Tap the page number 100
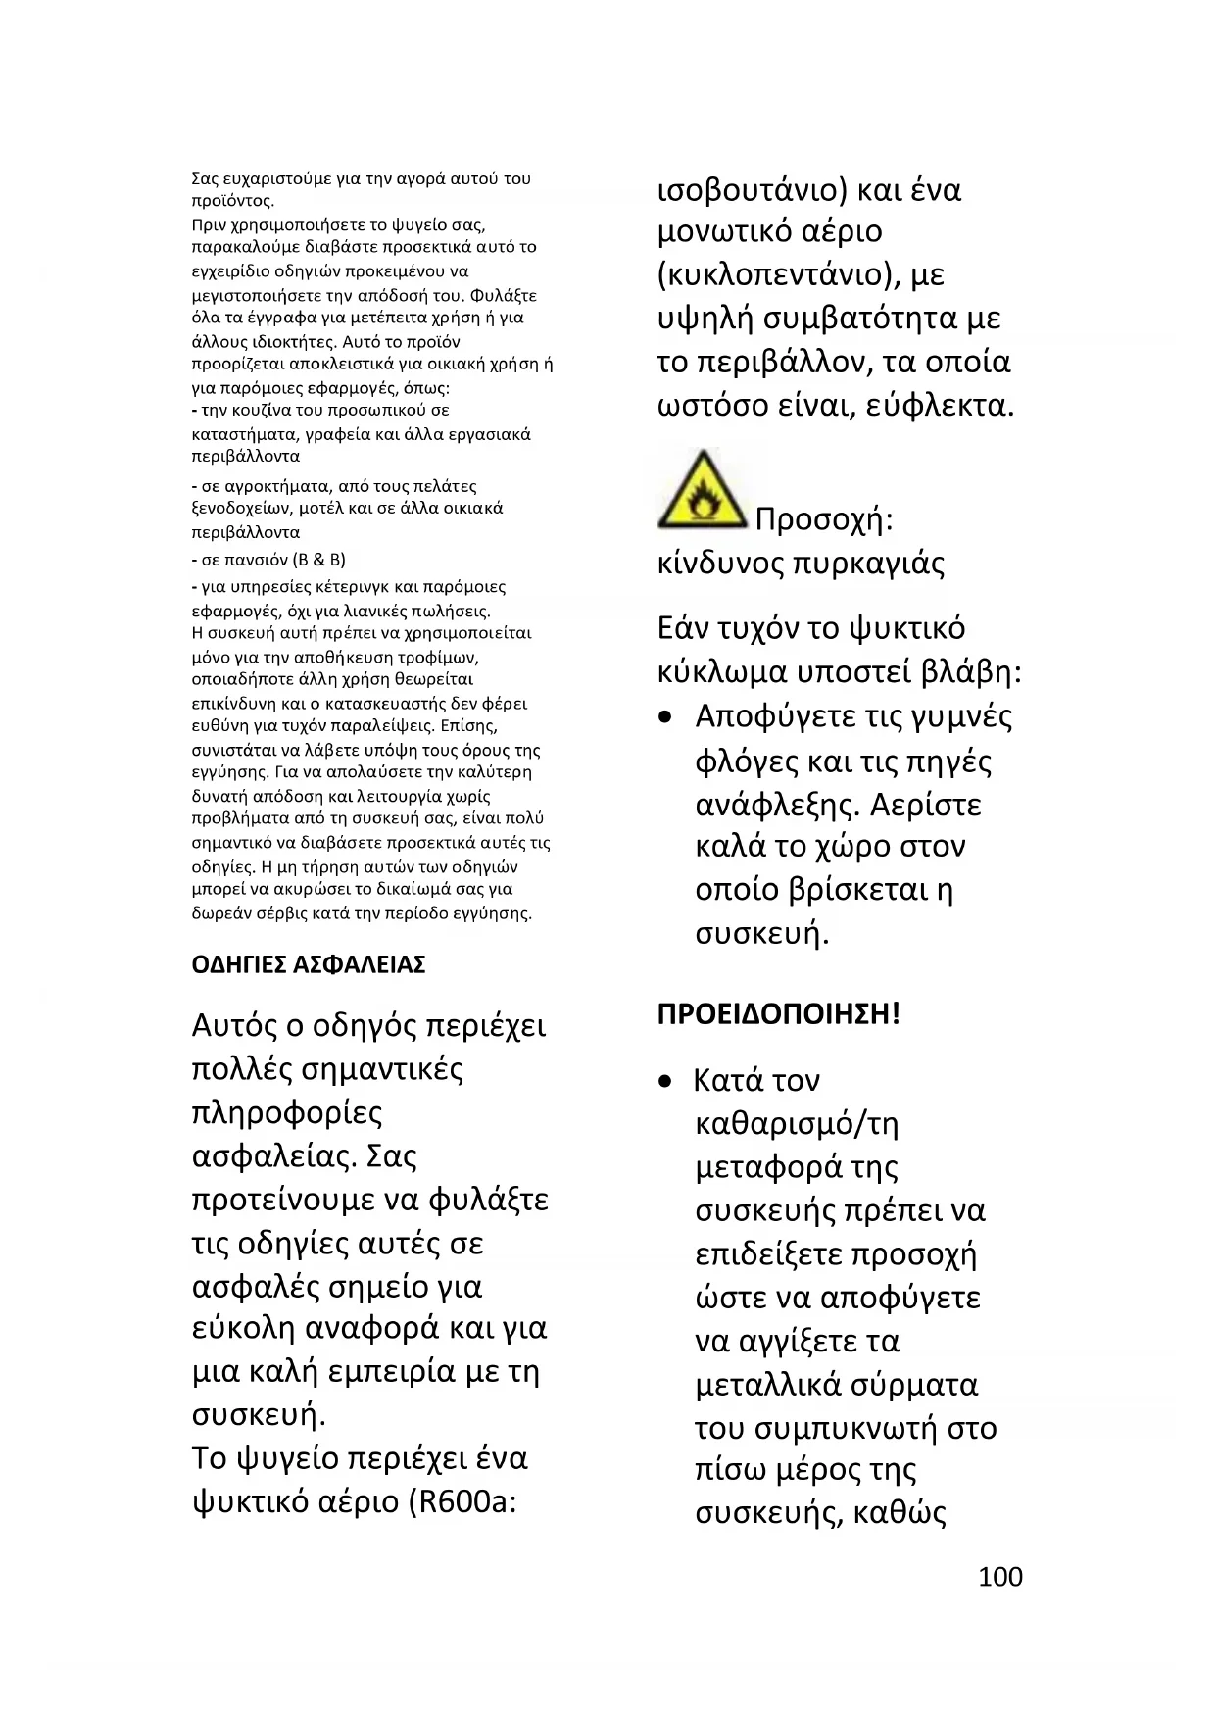[999, 1577]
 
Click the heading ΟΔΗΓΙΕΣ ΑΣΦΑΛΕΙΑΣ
[309, 965]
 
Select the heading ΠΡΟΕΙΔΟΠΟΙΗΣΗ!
[778, 1013]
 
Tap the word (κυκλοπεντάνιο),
[779, 275]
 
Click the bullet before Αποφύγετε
[666, 718]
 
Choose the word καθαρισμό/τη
[797, 1124]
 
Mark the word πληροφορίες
[287, 1113]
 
